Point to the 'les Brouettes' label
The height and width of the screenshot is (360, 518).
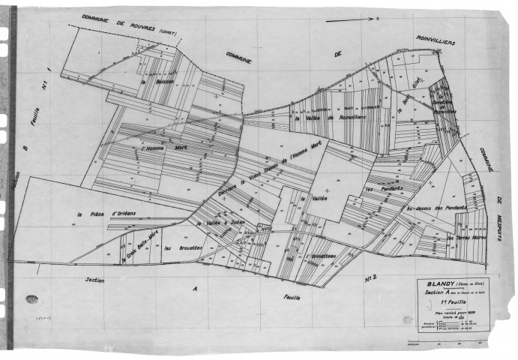(179, 247)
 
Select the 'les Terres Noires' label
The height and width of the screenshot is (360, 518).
(466, 238)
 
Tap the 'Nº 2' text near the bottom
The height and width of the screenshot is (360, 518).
(370, 280)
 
